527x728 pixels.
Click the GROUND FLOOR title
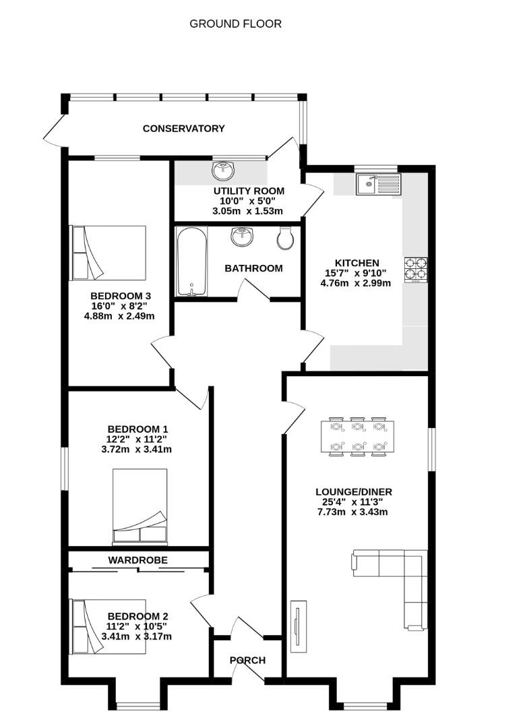(x=235, y=24)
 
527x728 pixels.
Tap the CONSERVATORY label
(x=183, y=128)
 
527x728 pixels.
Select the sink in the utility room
(x=222, y=169)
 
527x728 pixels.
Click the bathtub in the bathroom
(x=191, y=262)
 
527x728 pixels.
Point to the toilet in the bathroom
(x=286, y=237)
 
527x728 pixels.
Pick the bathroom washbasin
(x=242, y=237)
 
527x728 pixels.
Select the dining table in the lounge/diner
(x=358, y=436)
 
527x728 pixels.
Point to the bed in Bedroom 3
(x=108, y=253)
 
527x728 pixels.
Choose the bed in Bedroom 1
(x=139, y=506)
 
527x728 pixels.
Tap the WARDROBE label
(x=138, y=559)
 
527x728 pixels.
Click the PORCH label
(x=247, y=660)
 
